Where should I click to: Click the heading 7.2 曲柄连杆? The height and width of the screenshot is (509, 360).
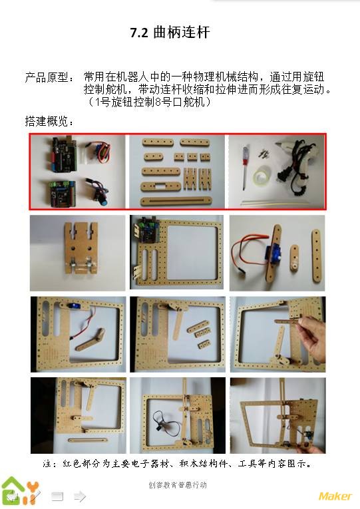[170, 33]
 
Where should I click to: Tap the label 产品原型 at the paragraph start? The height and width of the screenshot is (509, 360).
[46, 77]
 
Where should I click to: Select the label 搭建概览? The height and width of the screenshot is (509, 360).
[46, 121]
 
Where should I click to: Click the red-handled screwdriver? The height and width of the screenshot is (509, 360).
[244, 168]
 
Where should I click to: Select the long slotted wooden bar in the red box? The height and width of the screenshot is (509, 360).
[176, 201]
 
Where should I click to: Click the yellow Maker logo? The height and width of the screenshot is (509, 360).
[335, 496]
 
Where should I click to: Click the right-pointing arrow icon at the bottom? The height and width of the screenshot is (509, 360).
[80, 496]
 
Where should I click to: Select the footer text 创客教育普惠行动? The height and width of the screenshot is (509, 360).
[178, 485]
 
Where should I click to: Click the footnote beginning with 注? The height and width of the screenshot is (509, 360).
[177, 464]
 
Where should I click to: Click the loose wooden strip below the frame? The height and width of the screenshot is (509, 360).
[88, 440]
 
